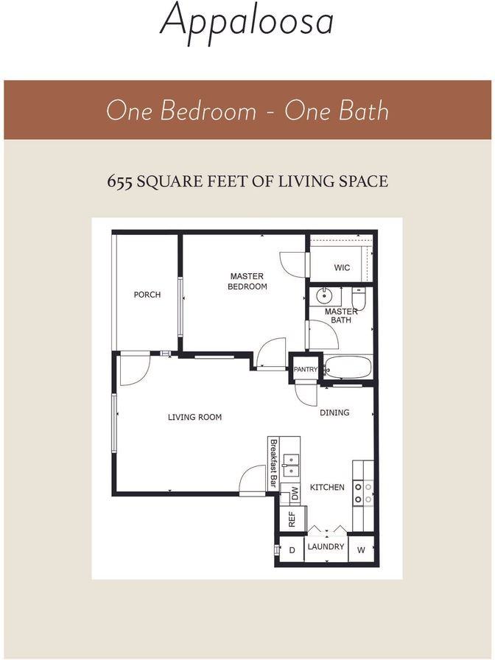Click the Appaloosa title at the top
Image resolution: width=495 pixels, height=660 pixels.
[247, 21]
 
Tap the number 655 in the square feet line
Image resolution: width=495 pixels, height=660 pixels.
[119, 181]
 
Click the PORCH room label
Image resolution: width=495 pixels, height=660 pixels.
[147, 295]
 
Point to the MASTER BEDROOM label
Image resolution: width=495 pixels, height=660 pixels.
[247, 281]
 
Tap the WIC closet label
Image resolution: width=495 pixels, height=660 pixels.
[342, 267]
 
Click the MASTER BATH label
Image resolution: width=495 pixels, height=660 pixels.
[341, 315]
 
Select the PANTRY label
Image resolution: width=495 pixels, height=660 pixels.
[305, 369]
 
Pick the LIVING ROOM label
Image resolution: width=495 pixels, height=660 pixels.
[194, 417]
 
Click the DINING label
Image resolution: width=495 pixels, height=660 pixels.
[334, 412]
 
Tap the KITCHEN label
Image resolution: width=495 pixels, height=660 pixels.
[327, 487]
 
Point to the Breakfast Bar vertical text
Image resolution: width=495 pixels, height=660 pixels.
[273, 463]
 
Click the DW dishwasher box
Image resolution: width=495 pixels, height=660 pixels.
[293, 492]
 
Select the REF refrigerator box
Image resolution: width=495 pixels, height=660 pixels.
[292, 519]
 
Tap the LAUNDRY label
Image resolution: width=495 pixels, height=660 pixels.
[326, 547]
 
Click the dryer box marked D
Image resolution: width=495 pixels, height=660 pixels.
[291, 550]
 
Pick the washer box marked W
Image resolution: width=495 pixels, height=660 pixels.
[361, 550]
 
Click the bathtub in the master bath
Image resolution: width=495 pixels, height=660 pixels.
[348, 367]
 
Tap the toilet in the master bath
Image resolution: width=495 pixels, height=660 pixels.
[359, 298]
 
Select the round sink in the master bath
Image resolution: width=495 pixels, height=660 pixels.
[324, 297]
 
